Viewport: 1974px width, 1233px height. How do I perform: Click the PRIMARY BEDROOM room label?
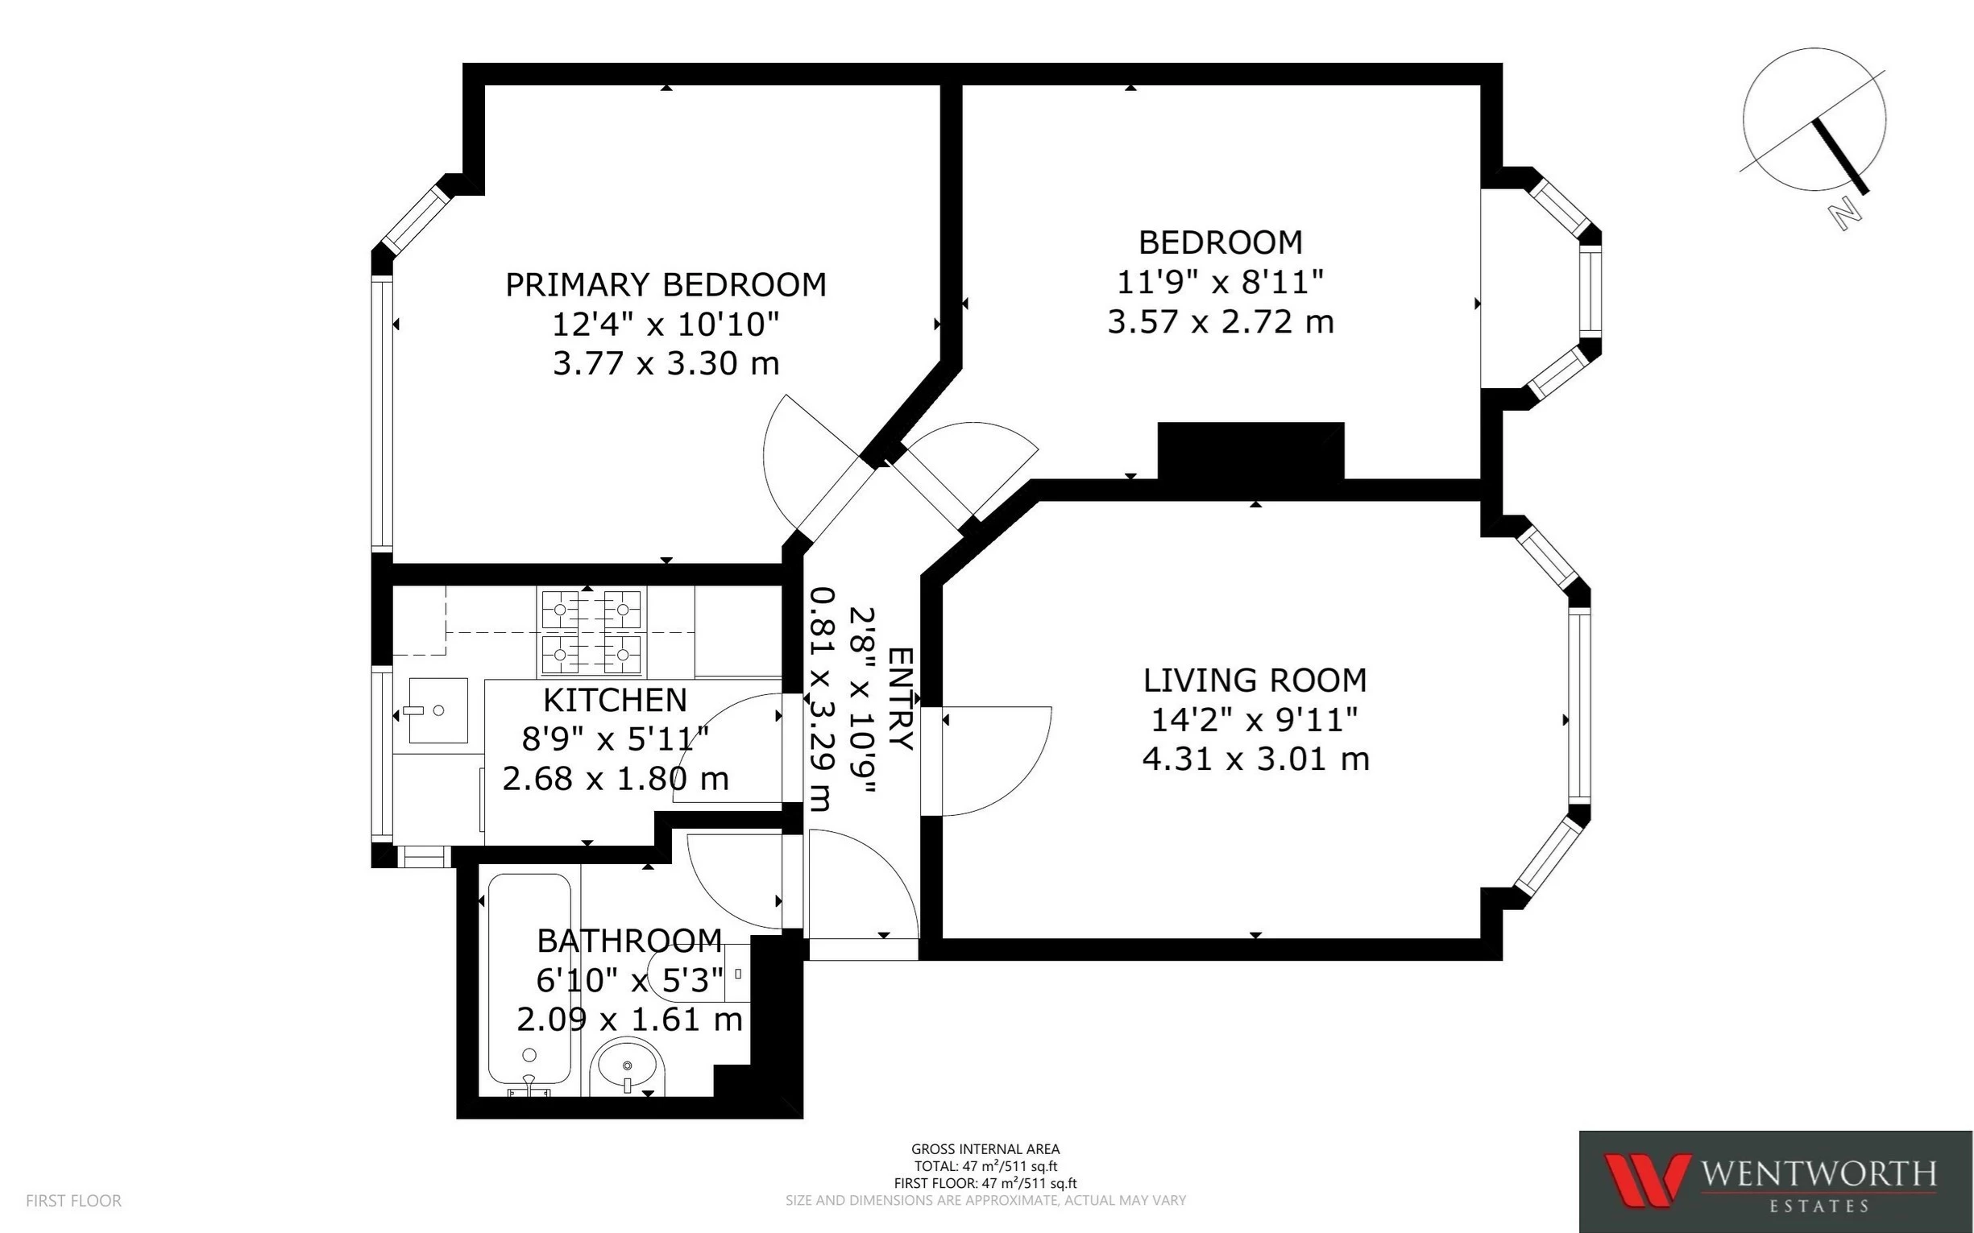666,284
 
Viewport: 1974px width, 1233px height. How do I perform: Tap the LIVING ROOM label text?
1254,679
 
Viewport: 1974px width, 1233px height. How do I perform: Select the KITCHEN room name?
615,700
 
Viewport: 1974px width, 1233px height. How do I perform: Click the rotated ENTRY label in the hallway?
900,698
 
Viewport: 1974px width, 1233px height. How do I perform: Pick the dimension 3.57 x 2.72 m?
1221,321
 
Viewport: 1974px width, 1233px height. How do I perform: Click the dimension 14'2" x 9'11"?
1254,719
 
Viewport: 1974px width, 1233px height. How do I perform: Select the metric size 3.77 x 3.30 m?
666,363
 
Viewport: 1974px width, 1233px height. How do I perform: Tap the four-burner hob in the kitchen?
591,632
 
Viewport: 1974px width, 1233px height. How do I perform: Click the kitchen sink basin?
438,710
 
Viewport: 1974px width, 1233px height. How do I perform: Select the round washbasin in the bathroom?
628,1065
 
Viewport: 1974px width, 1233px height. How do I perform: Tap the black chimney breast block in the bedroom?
1250,451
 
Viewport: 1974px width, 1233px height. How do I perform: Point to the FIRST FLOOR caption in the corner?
73,1200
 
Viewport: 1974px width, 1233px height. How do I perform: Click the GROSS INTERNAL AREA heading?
985,1150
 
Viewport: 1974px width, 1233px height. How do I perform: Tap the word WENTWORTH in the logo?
1818,1175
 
